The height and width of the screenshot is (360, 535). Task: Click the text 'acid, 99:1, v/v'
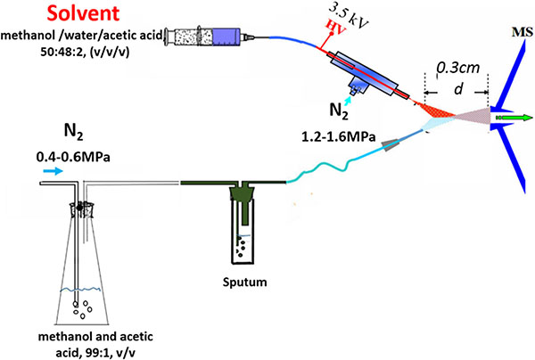tap(83, 348)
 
